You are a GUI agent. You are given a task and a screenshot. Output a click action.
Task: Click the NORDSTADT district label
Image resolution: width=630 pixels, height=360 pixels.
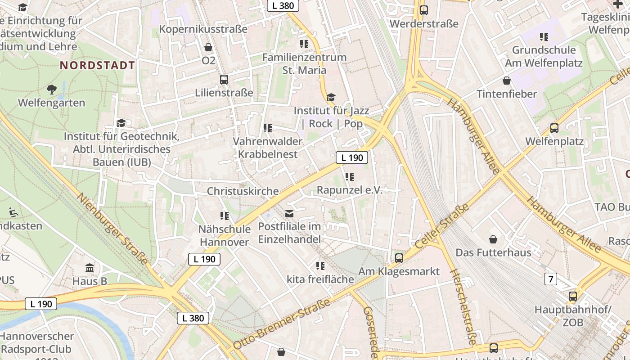[98, 65]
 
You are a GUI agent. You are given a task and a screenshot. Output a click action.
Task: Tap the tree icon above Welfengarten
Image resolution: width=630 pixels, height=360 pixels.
[52, 89]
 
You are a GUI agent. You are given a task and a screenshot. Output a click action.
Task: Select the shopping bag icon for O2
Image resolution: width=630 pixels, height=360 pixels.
[208, 47]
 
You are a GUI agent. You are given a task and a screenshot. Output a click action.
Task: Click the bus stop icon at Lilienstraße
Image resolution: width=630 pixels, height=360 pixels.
[224, 80]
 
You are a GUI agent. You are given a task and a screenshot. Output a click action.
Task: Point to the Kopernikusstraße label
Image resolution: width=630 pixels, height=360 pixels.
[203, 29]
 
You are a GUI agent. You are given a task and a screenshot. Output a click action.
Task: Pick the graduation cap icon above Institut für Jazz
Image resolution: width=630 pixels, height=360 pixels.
[331, 97]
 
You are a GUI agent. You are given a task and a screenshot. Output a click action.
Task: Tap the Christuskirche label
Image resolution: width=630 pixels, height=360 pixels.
[243, 191]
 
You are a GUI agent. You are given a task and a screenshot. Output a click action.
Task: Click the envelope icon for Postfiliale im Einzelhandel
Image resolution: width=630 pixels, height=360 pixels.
[289, 213]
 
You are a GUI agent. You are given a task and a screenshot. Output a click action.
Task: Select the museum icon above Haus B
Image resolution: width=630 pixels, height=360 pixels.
[90, 268]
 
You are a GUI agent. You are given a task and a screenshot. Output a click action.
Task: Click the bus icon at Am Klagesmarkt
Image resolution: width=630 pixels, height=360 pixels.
[399, 258]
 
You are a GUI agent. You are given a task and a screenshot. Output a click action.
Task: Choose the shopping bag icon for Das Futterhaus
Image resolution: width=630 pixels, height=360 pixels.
[493, 239]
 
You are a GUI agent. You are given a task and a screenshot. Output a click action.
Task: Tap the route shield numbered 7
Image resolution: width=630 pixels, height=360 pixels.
[550, 279]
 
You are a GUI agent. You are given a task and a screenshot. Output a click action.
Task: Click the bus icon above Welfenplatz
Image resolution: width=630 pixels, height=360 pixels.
[554, 128]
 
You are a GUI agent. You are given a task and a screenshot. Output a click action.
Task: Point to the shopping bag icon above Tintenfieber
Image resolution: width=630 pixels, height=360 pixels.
[507, 81]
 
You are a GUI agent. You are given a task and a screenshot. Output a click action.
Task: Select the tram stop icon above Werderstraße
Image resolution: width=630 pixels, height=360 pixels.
[423, 10]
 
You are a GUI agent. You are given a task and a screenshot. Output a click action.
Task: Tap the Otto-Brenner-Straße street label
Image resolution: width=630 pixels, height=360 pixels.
[282, 324]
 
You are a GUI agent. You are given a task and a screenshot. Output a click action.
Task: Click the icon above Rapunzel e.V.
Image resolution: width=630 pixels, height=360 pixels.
[349, 177]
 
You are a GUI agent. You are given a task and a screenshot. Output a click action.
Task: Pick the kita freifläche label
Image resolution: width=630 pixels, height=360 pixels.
[320, 279]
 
